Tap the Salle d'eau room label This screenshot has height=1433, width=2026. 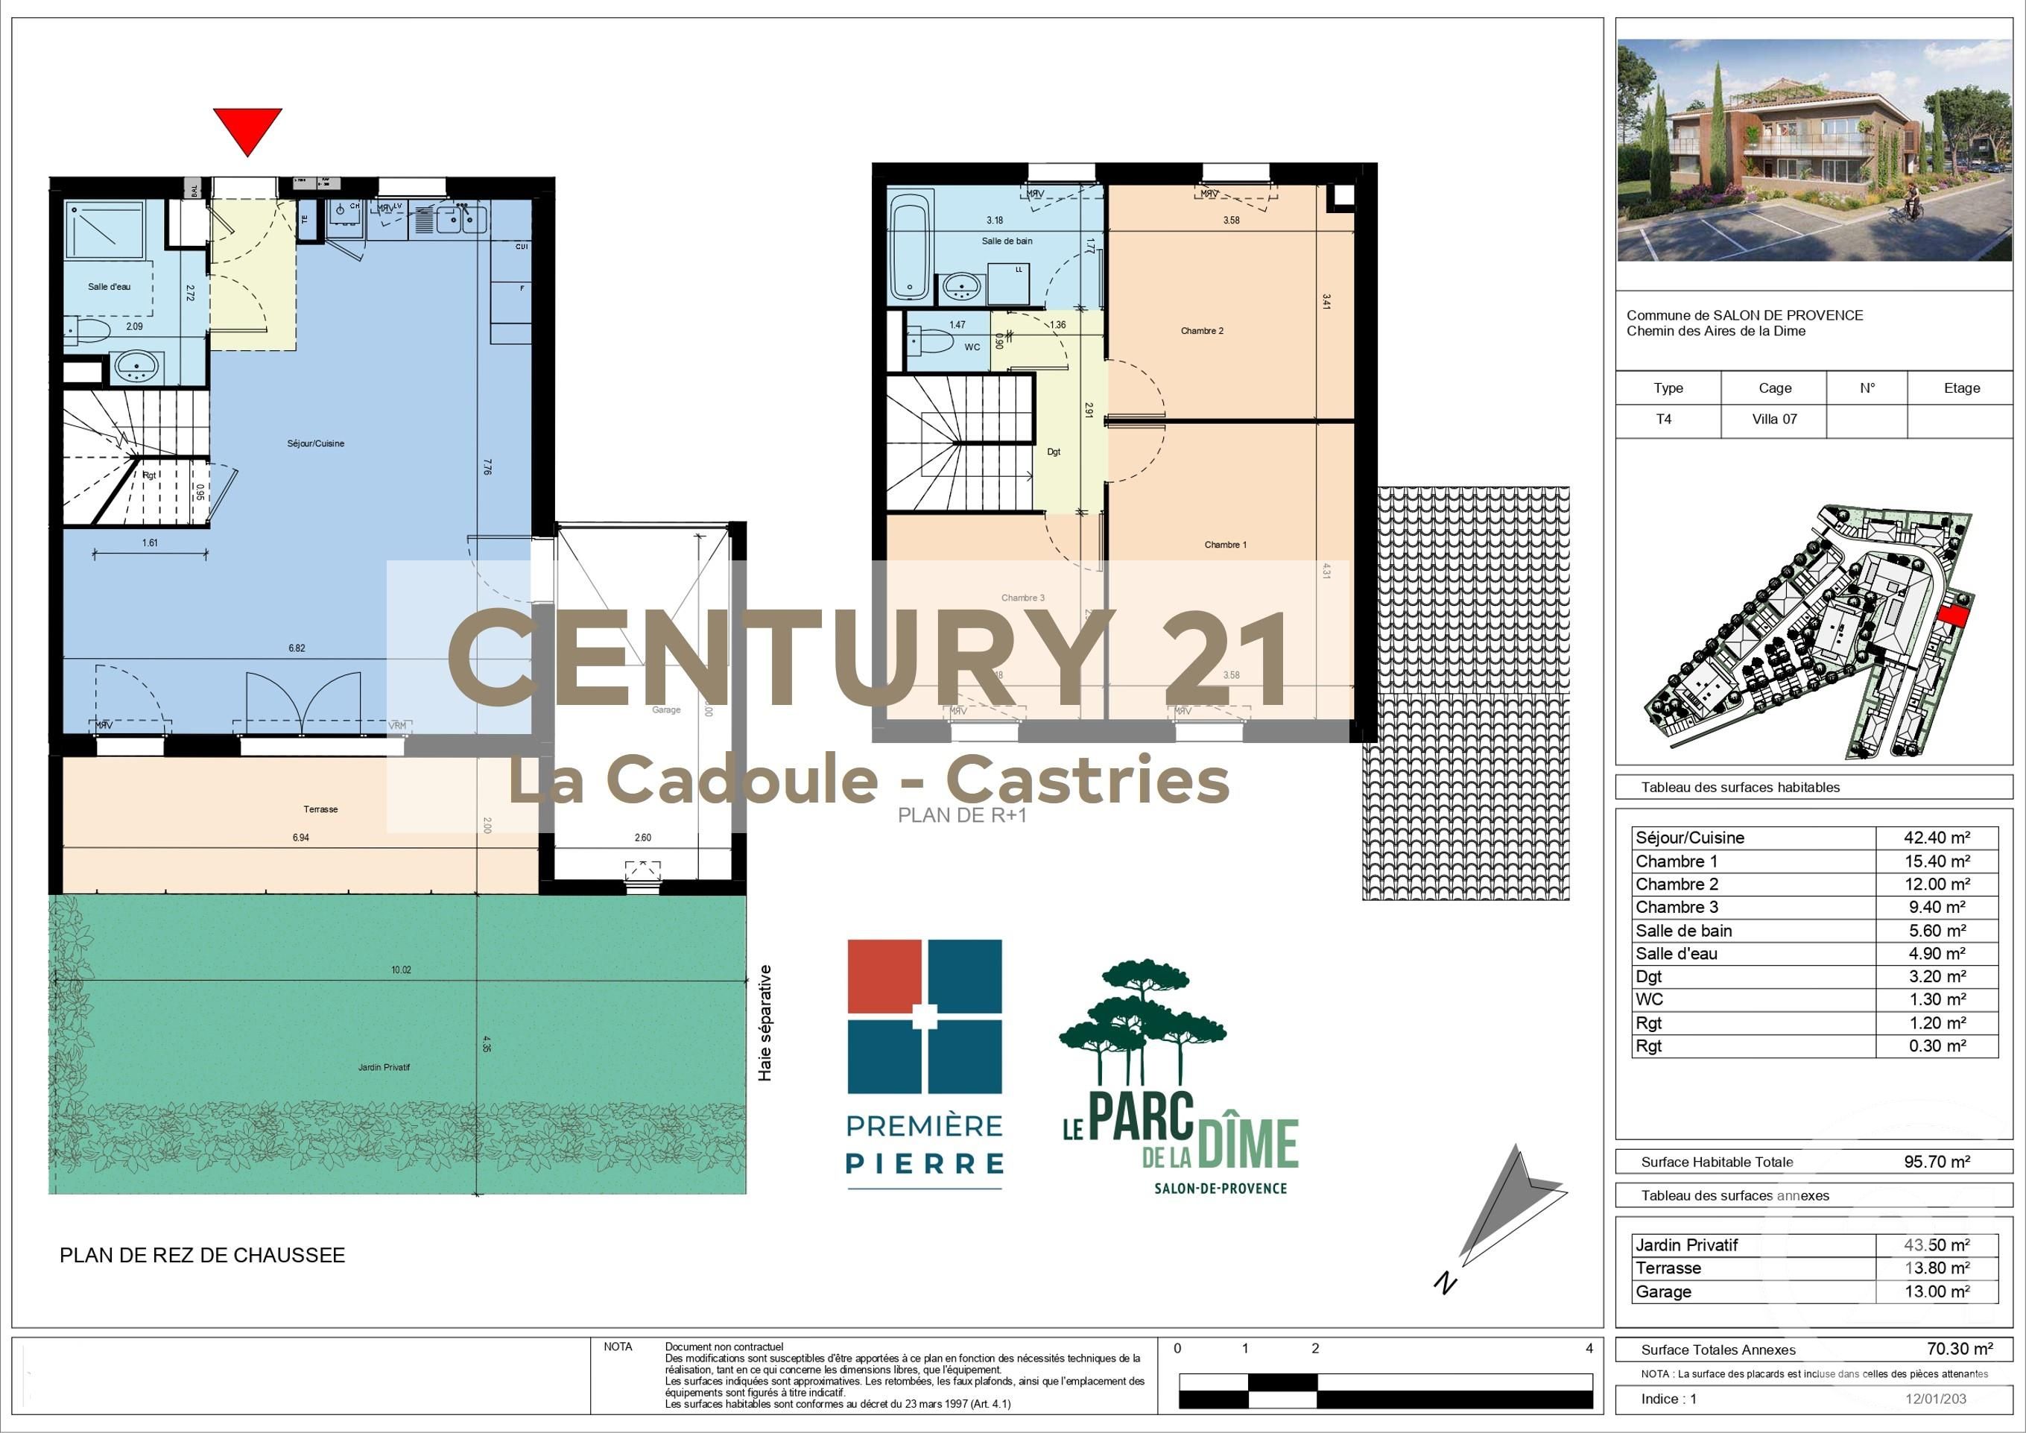[109, 287]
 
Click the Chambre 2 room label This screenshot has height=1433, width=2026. [1202, 331]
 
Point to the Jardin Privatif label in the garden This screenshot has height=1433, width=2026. [384, 1068]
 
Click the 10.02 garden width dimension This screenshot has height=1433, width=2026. [401, 969]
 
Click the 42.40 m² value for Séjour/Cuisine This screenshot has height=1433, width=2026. [1936, 838]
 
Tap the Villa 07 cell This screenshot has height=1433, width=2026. [1773, 419]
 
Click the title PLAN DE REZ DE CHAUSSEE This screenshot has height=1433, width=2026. [202, 1255]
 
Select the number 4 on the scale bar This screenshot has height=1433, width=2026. [1589, 1348]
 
